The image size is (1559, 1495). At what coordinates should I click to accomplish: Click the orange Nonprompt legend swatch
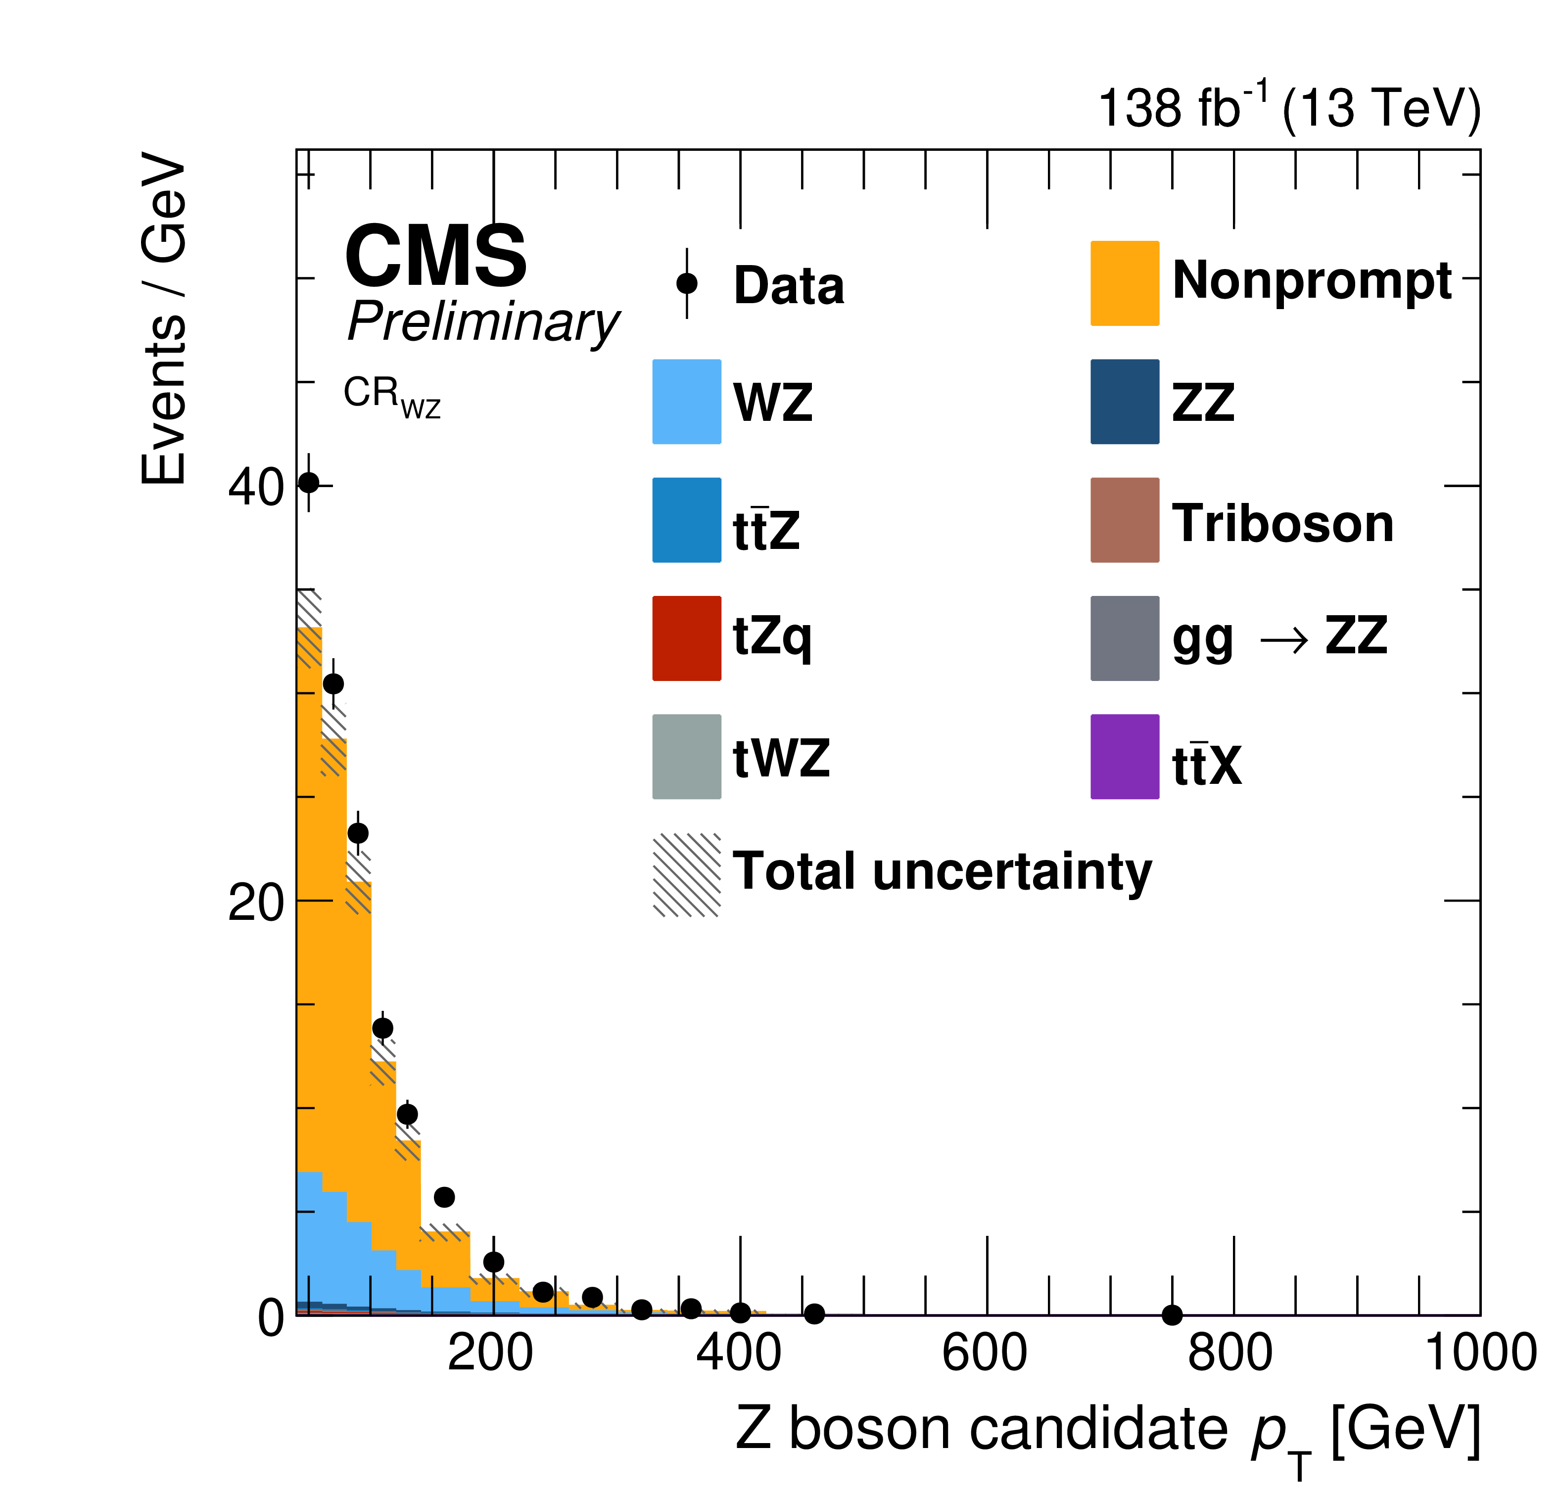pos(1124,283)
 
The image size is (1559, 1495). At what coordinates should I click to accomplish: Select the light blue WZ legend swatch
pos(686,402)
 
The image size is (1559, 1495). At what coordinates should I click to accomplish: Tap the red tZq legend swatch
pos(686,638)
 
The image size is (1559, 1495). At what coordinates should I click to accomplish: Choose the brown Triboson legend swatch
pos(1124,520)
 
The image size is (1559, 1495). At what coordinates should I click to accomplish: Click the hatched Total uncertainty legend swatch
pos(686,875)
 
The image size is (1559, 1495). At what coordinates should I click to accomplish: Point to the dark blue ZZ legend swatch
pos(1124,402)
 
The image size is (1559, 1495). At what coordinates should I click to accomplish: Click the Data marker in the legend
pos(686,283)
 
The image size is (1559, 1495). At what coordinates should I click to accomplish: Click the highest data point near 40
pos(309,483)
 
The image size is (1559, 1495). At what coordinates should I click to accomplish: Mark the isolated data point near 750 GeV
pos(1172,1315)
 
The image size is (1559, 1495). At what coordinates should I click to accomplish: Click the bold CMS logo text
pos(436,256)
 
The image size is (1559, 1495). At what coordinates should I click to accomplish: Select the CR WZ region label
pos(391,395)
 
